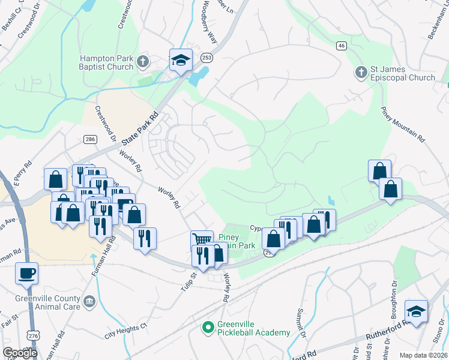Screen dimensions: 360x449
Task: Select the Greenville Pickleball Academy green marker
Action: click(208, 327)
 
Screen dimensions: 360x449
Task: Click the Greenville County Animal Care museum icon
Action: click(89, 301)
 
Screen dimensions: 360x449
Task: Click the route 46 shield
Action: click(342, 46)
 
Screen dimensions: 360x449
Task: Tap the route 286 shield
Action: click(90, 139)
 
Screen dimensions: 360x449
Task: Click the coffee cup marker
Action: click(27, 274)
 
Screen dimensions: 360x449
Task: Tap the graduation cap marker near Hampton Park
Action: click(181, 60)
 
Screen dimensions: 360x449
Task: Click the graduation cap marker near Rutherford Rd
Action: click(416, 311)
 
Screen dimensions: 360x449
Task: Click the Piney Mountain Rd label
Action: click(403, 124)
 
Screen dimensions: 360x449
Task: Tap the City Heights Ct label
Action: click(125, 330)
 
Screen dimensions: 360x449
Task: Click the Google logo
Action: click(20, 353)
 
